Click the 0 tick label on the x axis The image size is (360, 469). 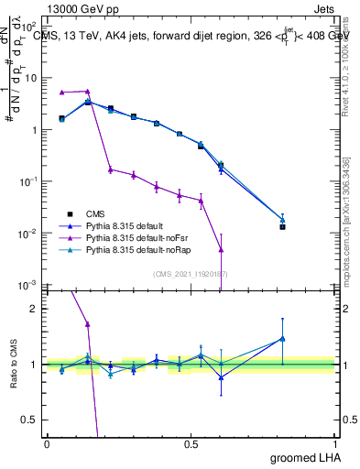[x=47, y=443]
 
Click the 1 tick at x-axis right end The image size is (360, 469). [x=333, y=443]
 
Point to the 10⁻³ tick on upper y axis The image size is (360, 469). [x=31, y=286]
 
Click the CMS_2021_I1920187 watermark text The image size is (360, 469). [x=190, y=273]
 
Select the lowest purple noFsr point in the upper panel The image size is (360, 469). [x=221, y=248]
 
